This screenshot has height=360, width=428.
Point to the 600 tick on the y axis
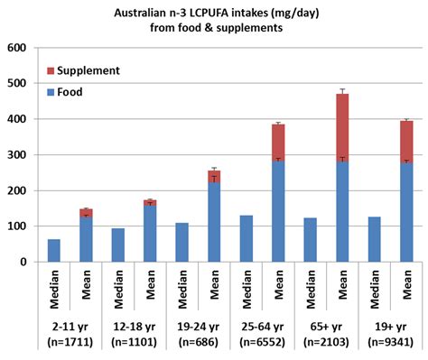19,48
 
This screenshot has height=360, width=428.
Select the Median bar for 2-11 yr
54,251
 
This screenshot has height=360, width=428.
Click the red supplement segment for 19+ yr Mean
406,142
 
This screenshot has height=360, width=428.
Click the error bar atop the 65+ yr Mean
343,92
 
